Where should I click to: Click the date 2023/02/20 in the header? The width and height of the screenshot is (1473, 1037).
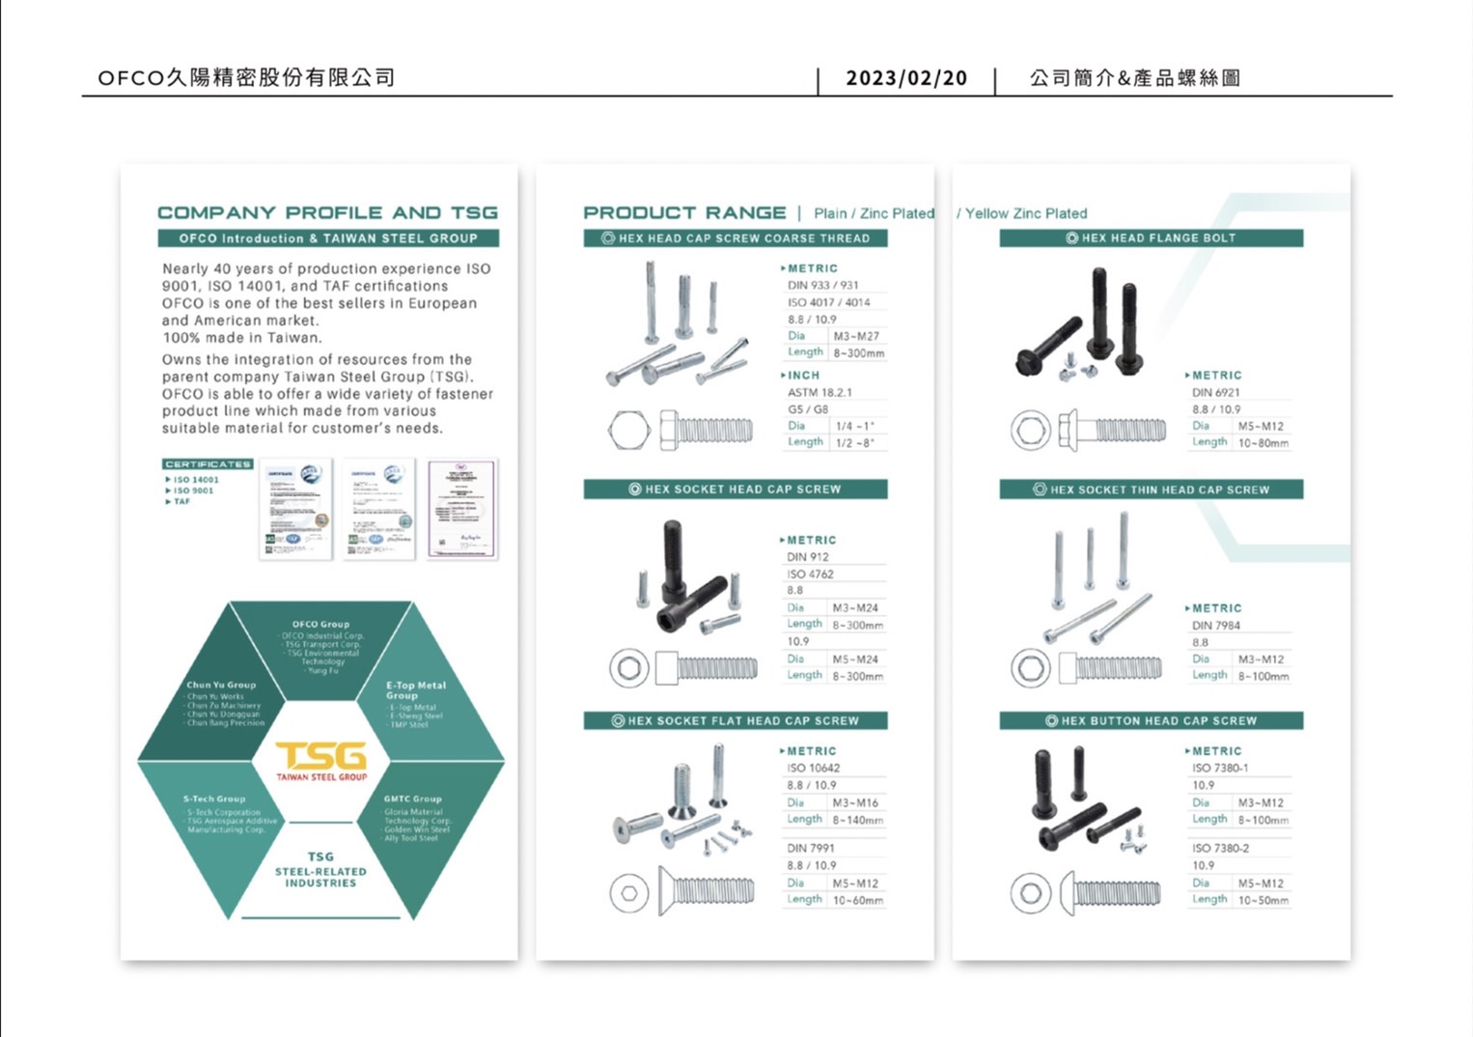(x=905, y=78)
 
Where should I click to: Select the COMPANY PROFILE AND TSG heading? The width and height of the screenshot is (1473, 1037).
(x=327, y=212)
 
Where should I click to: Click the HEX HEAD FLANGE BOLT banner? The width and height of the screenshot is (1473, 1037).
(x=1151, y=238)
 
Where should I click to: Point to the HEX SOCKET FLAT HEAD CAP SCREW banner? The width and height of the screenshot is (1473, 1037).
(x=735, y=720)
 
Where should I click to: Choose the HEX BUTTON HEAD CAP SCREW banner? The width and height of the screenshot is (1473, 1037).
(x=1151, y=720)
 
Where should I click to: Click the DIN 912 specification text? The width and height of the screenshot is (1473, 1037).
(x=808, y=557)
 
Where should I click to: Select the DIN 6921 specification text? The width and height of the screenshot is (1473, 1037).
(x=1215, y=392)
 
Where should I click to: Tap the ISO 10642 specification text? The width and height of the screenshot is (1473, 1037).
(x=813, y=768)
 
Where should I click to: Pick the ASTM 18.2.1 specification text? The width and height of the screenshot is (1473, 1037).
(x=820, y=392)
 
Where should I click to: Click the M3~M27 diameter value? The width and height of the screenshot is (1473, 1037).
(x=856, y=336)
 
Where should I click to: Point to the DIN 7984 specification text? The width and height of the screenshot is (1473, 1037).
(x=1215, y=626)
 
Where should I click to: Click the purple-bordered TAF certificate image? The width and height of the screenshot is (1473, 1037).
(x=462, y=509)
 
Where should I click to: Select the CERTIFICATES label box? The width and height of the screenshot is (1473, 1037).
(x=208, y=464)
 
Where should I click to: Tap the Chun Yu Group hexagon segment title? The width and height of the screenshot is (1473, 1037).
(x=221, y=685)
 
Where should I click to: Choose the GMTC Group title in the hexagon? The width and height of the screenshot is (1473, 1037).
(x=412, y=799)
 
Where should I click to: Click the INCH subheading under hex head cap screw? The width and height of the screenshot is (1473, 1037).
(x=802, y=375)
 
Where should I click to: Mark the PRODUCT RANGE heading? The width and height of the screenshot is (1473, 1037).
(x=684, y=212)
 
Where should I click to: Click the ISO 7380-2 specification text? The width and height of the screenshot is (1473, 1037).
(x=1220, y=848)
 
